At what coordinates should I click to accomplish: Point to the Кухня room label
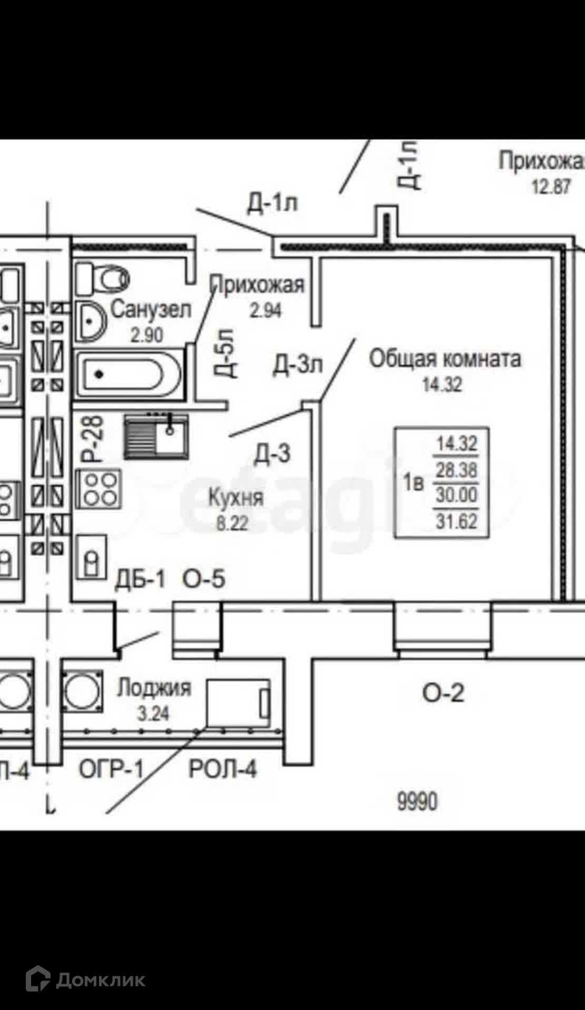pos(235,498)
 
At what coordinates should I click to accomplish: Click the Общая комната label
pos(445,359)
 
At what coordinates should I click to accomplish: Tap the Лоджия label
pos(154,688)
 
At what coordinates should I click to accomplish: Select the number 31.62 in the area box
pos(457,521)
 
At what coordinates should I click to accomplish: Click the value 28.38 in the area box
pos(457,470)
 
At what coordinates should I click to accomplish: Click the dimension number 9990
pos(417,802)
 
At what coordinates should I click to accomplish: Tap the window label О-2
pos(443,693)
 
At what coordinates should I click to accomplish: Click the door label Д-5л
pos(226,354)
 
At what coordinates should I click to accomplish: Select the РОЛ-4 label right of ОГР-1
pos(223,770)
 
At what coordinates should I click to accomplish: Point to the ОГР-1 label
pos(111,770)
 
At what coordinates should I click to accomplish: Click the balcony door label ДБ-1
pos(140,579)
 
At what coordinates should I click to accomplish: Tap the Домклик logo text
pos(100,980)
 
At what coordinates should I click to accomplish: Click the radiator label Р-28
pos(94,439)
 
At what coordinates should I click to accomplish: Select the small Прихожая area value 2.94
pos(265,311)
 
